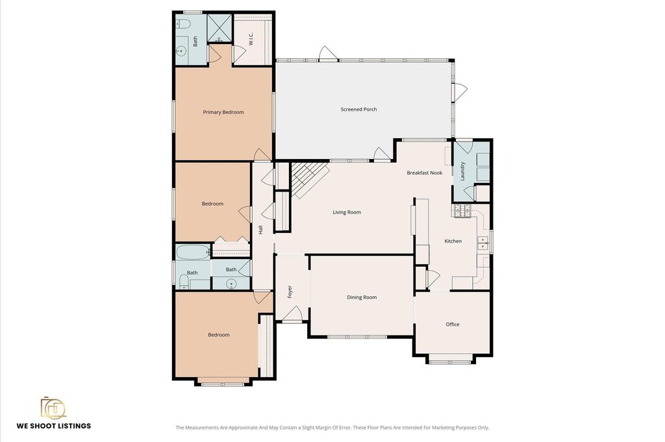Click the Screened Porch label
tap(358, 109)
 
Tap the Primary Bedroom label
tap(223, 112)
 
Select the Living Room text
tap(347, 212)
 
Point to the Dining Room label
tap(362, 297)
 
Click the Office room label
tap(453, 324)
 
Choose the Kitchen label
tap(453, 241)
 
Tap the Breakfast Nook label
tap(425, 173)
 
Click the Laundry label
tap(462, 171)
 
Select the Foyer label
tap(290, 291)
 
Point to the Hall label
tap(261, 230)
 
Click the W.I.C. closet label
tap(251, 40)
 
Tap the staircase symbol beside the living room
tap(310, 179)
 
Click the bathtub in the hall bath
tap(193, 252)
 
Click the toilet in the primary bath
tap(183, 23)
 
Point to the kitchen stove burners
tap(462, 211)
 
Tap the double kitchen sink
tap(483, 243)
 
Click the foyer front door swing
tap(292, 313)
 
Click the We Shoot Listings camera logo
tap(53, 408)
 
